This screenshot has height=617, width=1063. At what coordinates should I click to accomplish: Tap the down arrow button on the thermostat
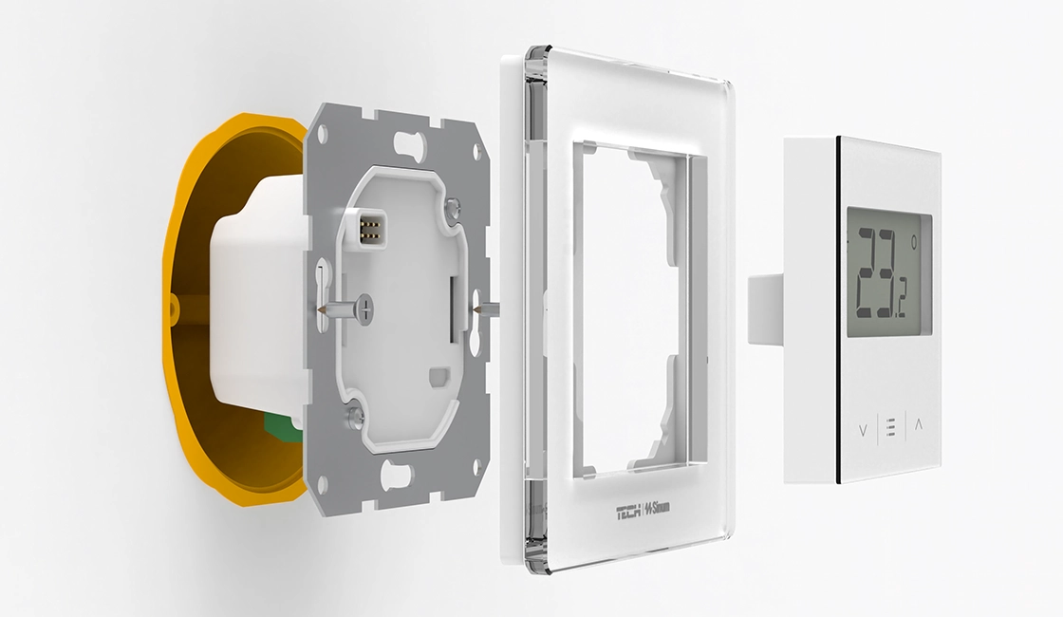863,430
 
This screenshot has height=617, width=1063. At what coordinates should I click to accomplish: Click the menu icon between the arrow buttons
891,428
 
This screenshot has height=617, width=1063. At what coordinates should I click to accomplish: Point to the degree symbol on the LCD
914,241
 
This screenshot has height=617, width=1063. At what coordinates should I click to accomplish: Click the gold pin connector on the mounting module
371,229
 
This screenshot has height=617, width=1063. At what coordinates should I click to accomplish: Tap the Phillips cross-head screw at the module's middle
365,308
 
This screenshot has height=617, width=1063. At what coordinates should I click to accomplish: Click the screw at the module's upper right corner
452,203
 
